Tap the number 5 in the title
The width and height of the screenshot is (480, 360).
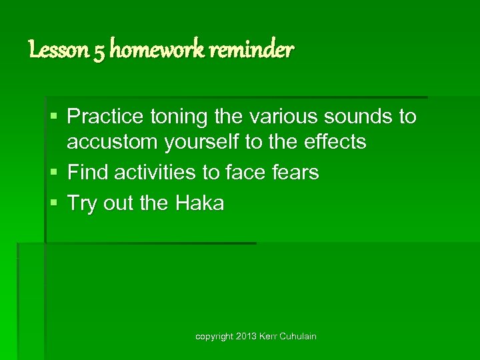point(99,51)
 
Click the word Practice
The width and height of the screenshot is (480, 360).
point(105,117)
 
